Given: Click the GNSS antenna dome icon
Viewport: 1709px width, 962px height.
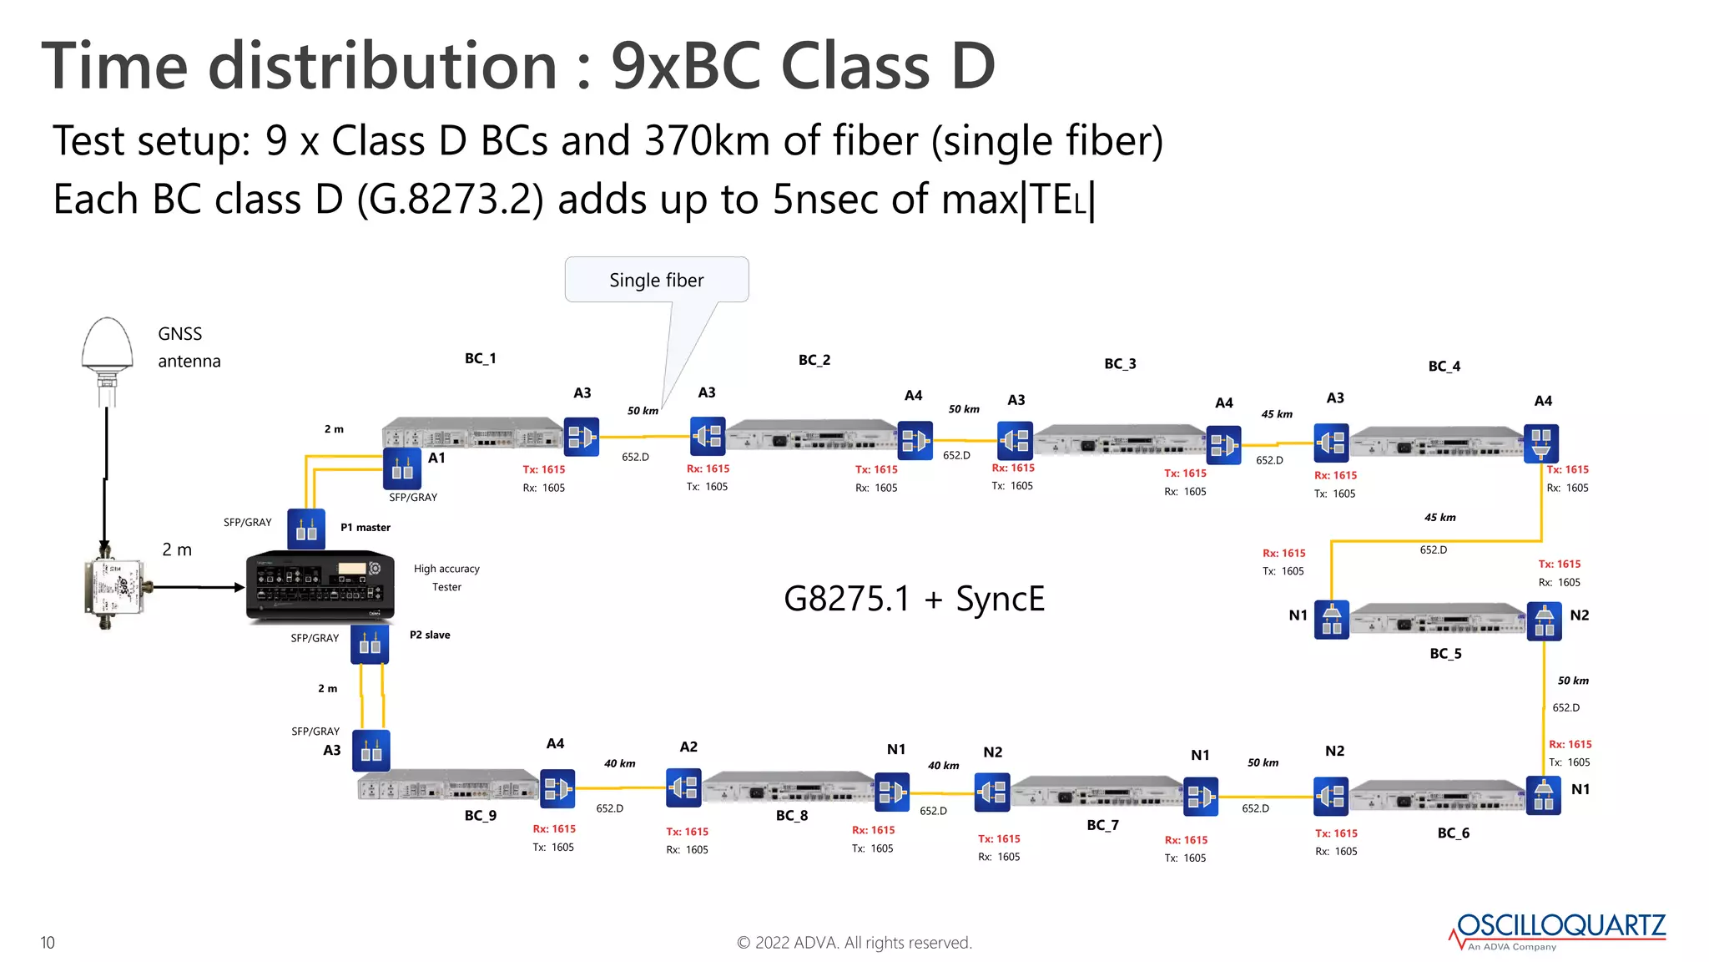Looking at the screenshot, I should (x=107, y=344).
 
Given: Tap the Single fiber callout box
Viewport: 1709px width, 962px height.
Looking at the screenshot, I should (x=656, y=280).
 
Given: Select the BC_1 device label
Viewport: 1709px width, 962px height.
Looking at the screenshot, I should (x=480, y=358).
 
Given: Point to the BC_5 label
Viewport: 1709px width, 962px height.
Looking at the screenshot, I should (x=1445, y=653).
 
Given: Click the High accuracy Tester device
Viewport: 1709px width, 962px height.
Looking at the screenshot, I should (x=320, y=586).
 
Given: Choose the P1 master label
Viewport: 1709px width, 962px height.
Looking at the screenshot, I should (x=365, y=527).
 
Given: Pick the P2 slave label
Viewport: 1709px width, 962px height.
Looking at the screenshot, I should (x=430, y=635).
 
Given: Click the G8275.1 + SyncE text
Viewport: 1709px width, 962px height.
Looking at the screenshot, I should (x=914, y=599).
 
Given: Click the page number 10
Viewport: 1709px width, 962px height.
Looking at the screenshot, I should (x=48, y=943).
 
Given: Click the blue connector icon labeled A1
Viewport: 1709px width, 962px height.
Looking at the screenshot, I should (x=401, y=469).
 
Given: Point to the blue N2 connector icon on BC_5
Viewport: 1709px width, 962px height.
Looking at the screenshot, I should (x=1544, y=621).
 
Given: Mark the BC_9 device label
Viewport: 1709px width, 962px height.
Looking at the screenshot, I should (x=480, y=815).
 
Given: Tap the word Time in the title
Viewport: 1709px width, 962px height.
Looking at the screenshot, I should (x=115, y=66).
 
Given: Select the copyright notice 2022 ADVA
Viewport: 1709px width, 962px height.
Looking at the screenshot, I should (x=854, y=943).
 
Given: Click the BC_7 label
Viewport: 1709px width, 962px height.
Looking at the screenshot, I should (x=1102, y=825).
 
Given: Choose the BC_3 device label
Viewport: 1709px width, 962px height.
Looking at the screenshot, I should (x=1120, y=363).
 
